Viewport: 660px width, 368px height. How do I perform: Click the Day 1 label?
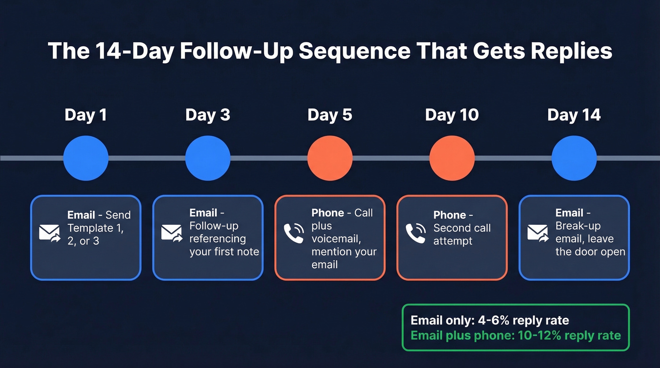[x=85, y=115]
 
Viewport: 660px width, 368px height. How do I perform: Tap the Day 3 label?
[x=207, y=115]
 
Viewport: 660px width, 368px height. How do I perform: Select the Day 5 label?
[x=330, y=115]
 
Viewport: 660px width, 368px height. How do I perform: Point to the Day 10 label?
[x=452, y=115]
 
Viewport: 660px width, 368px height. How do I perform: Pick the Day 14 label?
[x=574, y=115]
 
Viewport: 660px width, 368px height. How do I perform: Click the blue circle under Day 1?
[x=86, y=158]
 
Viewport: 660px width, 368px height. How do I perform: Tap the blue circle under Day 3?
[x=208, y=158]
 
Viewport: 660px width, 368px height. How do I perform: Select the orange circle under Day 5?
[x=330, y=158]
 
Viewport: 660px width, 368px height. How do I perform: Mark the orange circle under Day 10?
[x=452, y=158]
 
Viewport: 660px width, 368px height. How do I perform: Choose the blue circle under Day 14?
[x=574, y=158]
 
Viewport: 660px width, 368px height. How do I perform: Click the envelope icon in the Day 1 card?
[x=49, y=233]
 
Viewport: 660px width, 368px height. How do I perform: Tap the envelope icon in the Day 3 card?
[x=172, y=233]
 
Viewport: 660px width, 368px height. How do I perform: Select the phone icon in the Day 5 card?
[x=294, y=233]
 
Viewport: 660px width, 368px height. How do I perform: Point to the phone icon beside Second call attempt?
[x=416, y=233]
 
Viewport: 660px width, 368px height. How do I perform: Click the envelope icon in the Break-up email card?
[x=538, y=233]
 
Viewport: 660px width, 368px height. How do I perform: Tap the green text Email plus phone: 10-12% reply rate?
[x=516, y=336]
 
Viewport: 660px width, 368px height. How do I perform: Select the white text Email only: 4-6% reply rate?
[x=490, y=320]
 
